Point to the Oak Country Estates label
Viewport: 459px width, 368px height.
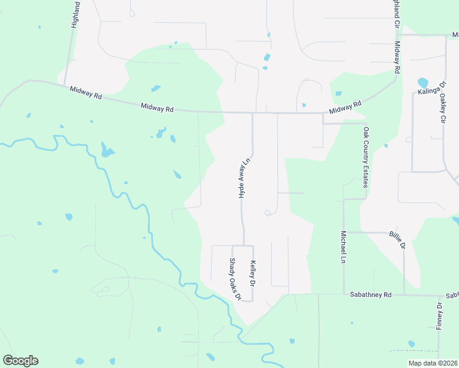(x=366, y=157)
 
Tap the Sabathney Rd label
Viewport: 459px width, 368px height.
(x=371, y=295)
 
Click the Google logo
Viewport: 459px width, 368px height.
(x=20, y=361)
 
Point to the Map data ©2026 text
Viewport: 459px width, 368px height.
(x=433, y=363)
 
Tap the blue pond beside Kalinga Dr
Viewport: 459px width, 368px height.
(x=422, y=82)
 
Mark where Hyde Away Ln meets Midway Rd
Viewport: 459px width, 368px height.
(x=253, y=113)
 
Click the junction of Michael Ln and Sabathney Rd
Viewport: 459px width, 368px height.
(x=344, y=295)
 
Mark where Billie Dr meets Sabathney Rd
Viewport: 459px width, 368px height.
(x=404, y=295)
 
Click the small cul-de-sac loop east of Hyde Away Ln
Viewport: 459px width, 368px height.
(x=268, y=213)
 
